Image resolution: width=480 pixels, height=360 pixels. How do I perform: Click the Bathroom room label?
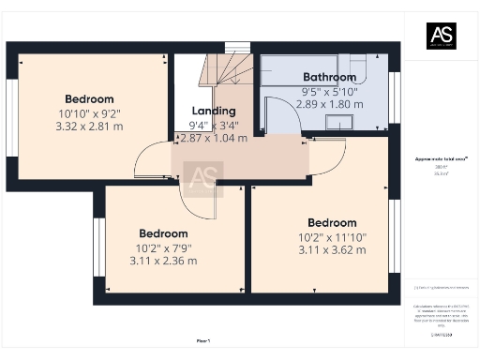329,77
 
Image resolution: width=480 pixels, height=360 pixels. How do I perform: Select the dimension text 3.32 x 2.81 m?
89,126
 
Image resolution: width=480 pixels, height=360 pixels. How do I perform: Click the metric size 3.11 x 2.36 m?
163,261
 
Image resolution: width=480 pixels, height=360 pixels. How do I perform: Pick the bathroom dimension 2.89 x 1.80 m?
329,103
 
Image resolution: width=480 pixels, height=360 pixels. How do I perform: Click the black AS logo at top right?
442,35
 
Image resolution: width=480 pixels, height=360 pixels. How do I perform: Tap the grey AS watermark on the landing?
202,176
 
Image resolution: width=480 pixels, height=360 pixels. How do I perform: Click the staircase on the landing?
229,70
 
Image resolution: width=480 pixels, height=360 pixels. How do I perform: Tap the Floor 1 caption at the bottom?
202,339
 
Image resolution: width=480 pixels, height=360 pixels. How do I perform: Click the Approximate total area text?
442,159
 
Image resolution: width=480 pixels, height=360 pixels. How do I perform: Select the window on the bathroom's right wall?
395,97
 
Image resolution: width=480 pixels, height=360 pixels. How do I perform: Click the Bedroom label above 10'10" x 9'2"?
89,99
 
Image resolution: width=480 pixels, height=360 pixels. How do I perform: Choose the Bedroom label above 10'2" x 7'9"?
163,233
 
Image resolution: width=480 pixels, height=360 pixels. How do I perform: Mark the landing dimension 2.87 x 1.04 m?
213,138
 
